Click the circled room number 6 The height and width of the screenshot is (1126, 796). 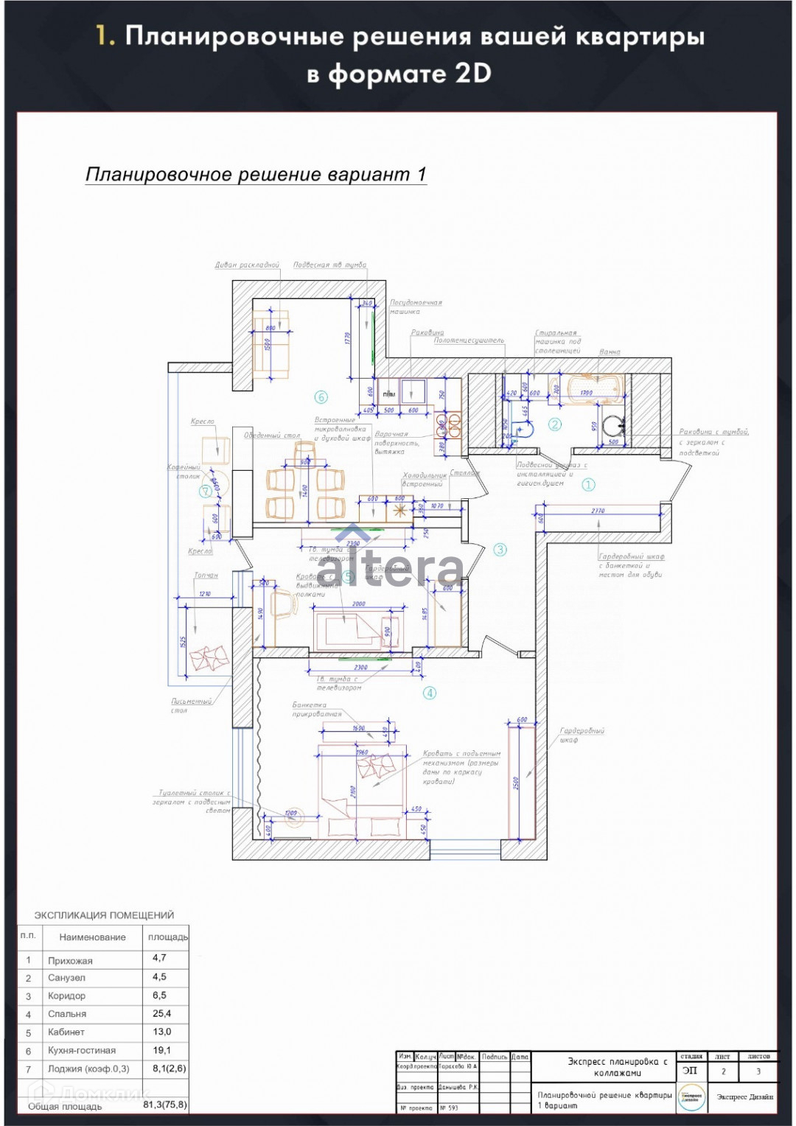point(321,397)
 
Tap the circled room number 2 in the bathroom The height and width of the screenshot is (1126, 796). point(555,424)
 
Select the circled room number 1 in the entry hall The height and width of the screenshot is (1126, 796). point(588,484)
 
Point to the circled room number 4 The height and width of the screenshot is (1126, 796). point(429,693)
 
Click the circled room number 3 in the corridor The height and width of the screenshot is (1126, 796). point(500,549)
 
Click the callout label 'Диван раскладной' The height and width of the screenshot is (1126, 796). point(247,265)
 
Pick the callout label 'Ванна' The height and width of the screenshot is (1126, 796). point(610,352)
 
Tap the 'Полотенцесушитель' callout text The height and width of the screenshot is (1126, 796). point(469,340)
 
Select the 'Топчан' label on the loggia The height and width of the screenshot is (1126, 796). point(206,576)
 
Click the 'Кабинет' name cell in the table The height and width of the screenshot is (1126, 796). point(66,1032)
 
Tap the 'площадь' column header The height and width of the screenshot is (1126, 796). point(167,937)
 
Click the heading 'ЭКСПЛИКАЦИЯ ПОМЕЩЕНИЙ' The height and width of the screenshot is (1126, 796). point(104,915)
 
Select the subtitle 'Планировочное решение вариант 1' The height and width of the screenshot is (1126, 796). point(256,175)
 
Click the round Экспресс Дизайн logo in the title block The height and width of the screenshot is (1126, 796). point(691,1097)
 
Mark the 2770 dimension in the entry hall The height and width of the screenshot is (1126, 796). point(598,511)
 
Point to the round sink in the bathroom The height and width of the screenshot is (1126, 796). point(612,425)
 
